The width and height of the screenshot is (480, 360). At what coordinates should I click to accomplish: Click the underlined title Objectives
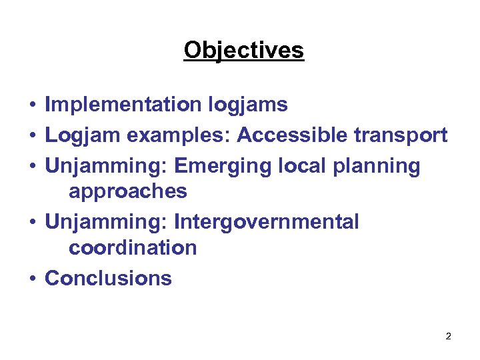(243, 50)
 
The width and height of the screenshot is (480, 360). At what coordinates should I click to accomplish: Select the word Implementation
(123, 105)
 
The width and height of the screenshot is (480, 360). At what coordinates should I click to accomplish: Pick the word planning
(382, 167)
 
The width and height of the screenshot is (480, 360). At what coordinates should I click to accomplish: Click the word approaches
(128, 192)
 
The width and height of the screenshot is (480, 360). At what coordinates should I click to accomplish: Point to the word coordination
(133, 248)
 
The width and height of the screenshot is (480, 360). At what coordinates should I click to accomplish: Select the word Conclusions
(108, 278)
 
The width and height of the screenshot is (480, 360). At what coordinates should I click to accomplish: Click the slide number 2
(448, 336)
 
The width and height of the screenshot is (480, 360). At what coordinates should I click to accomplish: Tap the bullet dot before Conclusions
(32, 279)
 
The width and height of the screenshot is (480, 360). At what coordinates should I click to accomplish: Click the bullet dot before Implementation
(32, 105)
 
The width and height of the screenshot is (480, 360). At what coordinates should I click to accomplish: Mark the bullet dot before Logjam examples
(32, 136)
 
